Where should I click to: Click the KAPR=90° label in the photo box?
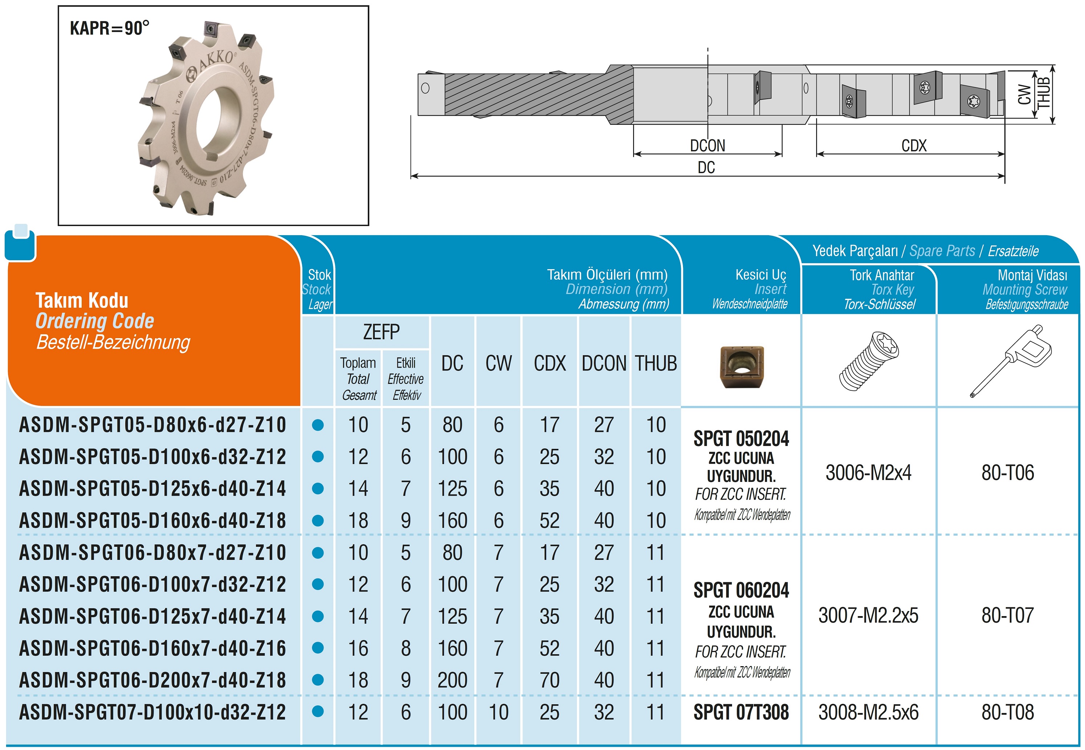110,28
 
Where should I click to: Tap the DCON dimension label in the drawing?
707,146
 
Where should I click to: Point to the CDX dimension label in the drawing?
914,146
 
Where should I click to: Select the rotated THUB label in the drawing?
1044,93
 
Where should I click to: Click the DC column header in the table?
452,363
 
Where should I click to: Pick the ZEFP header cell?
381,332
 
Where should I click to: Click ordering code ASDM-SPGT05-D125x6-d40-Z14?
153,489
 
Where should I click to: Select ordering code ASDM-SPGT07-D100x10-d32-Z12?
153,712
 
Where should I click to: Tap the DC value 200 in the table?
452,680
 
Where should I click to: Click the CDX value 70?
549,680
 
